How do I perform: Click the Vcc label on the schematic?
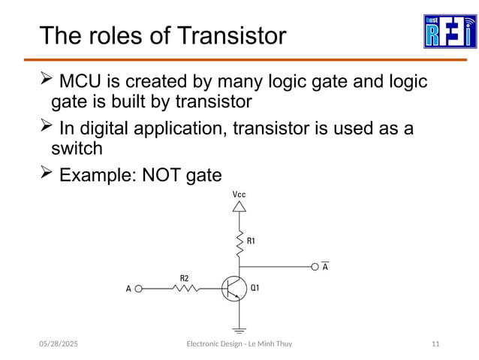(239, 195)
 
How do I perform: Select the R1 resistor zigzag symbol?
(239, 242)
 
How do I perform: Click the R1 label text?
(252, 241)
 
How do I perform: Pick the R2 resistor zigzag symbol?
(185, 288)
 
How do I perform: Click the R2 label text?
(185, 277)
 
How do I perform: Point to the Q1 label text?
(255, 288)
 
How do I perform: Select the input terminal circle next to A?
(138, 288)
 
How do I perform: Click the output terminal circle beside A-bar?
(315, 266)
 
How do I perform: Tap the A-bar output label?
(324, 266)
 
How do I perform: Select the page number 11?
(435, 343)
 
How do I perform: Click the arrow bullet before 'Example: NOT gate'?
(45, 174)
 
